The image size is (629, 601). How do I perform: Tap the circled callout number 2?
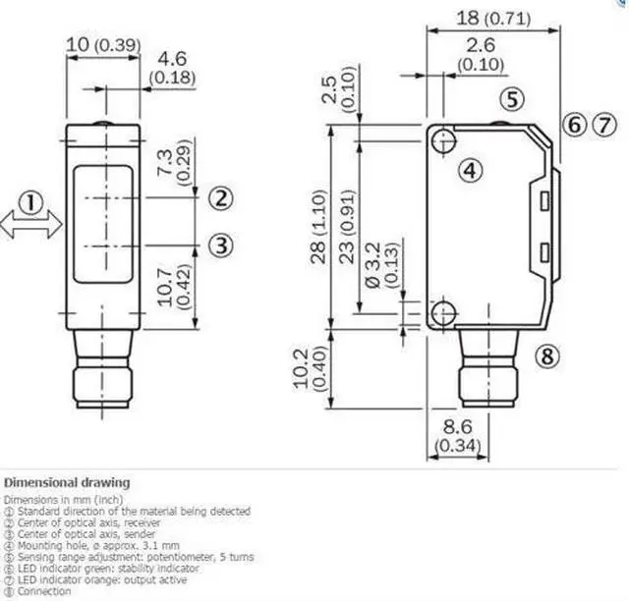coord(223,198)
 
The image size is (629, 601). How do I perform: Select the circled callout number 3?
coord(223,244)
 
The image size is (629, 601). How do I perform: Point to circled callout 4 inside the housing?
coord(473,171)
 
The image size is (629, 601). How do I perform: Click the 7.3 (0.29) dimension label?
coord(175,159)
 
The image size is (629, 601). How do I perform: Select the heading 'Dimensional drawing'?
coord(66,483)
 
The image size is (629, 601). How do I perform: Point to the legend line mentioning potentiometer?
coord(128,557)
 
